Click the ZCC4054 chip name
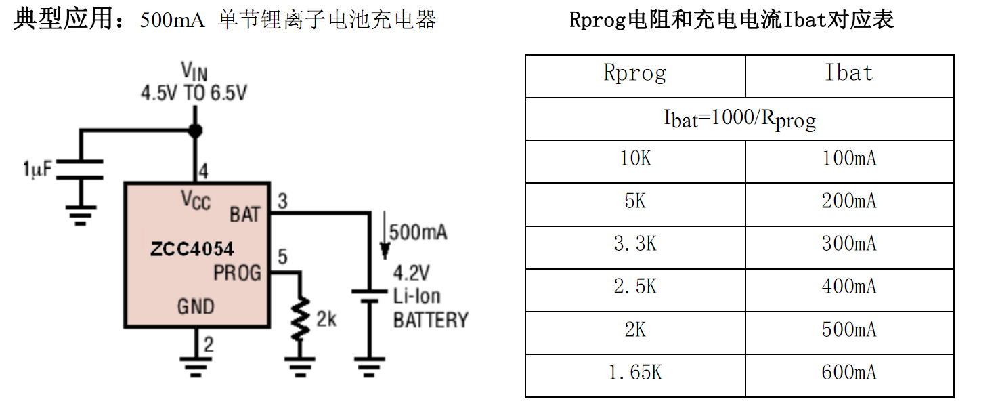(192, 249)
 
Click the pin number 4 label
(203, 171)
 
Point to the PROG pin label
(237, 273)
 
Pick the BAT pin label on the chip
(244, 215)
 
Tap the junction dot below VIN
(196, 130)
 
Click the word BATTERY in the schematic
(431, 320)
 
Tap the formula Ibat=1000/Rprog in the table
(739, 119)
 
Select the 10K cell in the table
(635, 159)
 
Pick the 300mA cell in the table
(849, 245)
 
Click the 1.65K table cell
(635, 373)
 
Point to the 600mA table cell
(849, 373)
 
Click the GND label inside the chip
(196, 306)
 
